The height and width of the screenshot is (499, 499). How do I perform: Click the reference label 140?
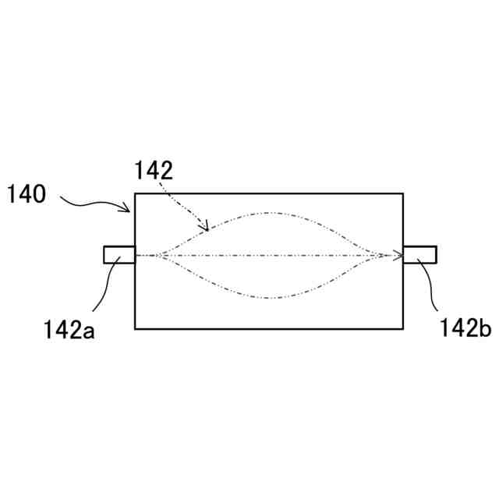pyautogui.click(x=27, y=194)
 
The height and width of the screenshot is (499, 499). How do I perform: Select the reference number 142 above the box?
pyautogui.click(x=154, y=170)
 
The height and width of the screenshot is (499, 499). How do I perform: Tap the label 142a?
pyautogui.click(x=69, y=330)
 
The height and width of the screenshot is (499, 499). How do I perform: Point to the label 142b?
pyautogui.click(x=465, y=327)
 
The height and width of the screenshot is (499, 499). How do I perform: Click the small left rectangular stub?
pyautogui.click(x=119, y=255)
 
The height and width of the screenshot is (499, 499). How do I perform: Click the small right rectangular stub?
pyautogui.click(x=419, y=255)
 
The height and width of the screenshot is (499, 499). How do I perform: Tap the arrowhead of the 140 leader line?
pyautogui.click(x=128, y=209)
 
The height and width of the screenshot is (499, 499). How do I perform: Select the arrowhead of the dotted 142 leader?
pyautogui.click(x=205, y=227)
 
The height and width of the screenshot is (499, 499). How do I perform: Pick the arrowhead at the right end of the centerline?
pyautogui.click(x=398, y=255)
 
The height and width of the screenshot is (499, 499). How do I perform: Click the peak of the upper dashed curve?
pyautogui.click(x=269, y=213)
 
